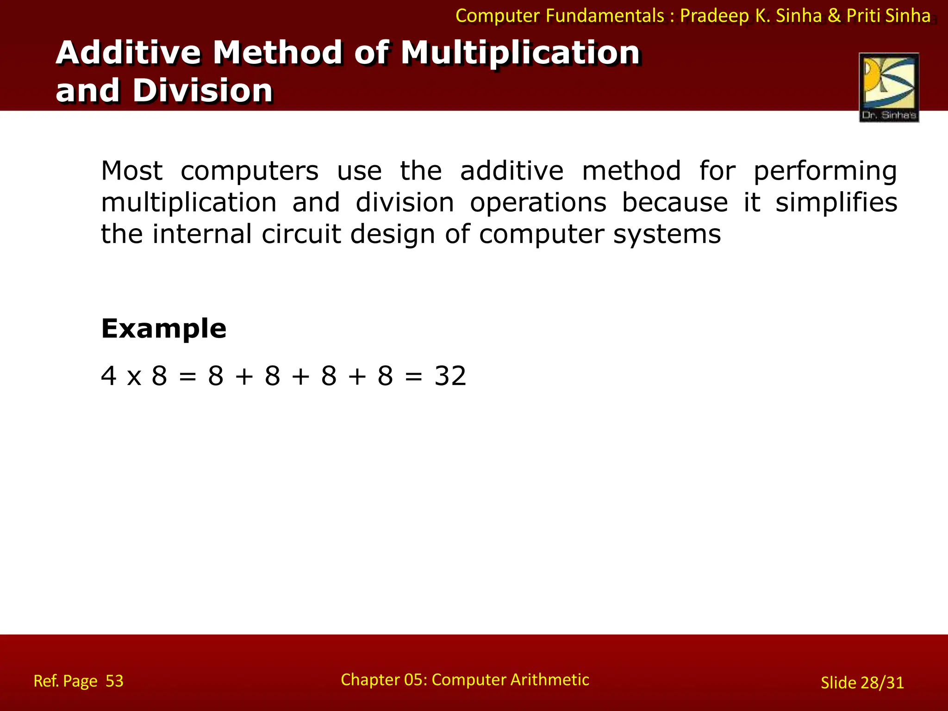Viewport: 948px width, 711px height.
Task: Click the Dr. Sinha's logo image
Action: pyautogui.click(x=889, y=87)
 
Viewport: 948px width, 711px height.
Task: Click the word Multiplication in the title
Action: pyautogui.click(x=520, y=52)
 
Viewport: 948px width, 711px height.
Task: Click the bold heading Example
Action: pyautogui.click(x=163, y=329)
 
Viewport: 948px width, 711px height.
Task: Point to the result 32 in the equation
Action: pyautogui.click(x=450, y=376)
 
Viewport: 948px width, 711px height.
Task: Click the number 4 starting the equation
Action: pyautogui.click(x=108, y=376)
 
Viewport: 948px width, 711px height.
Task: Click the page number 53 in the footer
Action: pyautogui.click(x=114, y=681)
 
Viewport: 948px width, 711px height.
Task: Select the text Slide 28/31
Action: pyautogui.click(x=862, y=683)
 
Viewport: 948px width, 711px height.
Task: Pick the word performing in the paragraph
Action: pyautogui.click(x=825, y=171)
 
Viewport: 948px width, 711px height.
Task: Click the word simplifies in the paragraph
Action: pyautogui.click(x=836, y=203)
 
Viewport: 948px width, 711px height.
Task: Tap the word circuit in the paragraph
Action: pyautogui.click(x=301, y=234)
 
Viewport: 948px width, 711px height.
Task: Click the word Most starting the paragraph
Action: pyautogui.click(x=131, y=171)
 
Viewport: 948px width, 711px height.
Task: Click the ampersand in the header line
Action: pyautogui.click(x=834, y=16)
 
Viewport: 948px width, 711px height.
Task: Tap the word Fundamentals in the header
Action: pyautogui.click(x=605, y=16)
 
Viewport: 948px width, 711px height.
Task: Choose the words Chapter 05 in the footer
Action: pyautogui.click(x=383, y=680)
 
